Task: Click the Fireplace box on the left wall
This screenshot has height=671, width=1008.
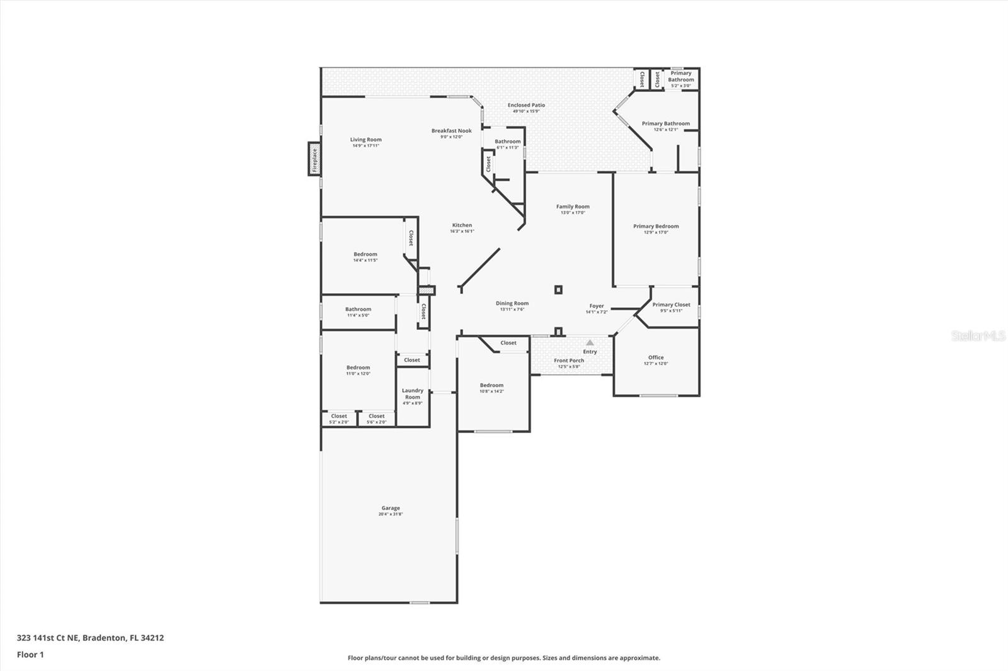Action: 314,159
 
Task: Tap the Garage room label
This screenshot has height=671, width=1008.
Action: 391,508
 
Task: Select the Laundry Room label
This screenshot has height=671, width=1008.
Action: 413,393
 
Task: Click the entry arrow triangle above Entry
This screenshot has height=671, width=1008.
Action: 590,342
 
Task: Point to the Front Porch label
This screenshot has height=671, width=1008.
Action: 569,361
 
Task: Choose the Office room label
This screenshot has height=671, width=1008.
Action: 656,358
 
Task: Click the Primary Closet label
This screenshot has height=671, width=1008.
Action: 671,305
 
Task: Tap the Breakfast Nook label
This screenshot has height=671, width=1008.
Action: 451,131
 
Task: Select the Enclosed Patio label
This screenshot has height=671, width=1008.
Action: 526,105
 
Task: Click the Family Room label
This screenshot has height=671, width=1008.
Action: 573,206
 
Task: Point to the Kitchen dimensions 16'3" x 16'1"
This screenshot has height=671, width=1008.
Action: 462,232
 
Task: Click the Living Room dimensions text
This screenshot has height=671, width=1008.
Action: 365,146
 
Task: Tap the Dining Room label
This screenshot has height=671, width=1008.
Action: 512,303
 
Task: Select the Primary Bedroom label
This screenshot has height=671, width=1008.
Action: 656,226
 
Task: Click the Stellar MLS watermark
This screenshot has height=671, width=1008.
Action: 978,336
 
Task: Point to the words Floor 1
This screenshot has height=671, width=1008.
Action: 30,655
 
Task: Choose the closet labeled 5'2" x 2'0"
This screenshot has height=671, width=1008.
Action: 339,419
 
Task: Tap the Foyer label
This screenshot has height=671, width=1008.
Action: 597,306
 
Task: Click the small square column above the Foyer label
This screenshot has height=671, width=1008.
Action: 558,290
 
